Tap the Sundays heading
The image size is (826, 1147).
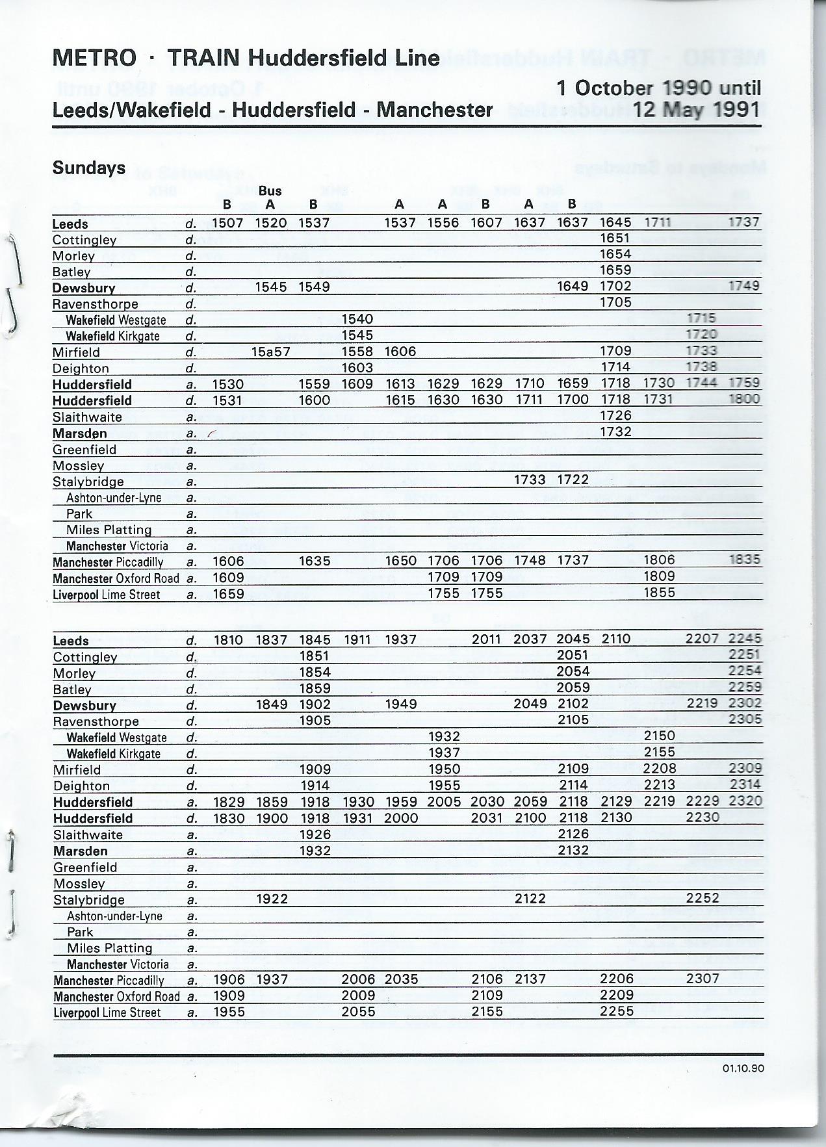click(89, 168)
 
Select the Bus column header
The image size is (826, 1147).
click(270, 190)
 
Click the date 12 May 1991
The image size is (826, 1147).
click(697, 109)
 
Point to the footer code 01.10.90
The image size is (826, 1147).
click(742, 1068)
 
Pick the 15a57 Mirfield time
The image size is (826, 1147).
click(271, 352)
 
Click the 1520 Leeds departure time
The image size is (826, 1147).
click(271, 223)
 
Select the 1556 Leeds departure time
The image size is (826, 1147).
click(443, 223)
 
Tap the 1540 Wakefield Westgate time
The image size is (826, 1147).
click(357, 319)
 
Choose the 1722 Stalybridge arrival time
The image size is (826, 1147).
click(573, 480)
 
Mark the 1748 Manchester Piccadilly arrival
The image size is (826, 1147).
click(530, 560)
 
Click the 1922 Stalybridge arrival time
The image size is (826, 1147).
click(272, 899)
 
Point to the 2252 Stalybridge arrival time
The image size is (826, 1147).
click(703, 899)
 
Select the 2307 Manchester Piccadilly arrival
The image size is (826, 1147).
click(703, 979)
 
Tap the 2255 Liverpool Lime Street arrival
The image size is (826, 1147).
click(616, 1011)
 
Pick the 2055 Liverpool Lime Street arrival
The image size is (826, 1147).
click(358, 1011)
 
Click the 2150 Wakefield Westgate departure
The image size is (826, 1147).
click(660, 736)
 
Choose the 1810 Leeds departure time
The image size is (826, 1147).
click(229, 640)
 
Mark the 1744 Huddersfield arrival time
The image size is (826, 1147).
click(701, 383)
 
